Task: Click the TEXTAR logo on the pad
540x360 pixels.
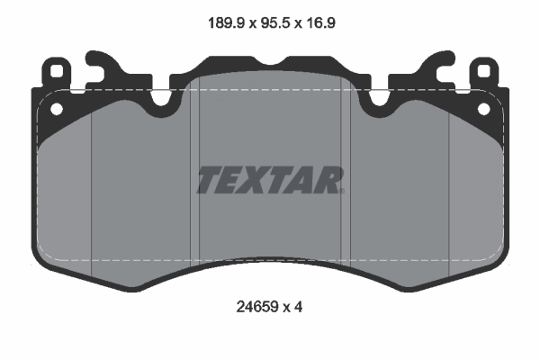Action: pyautogui.click(x=270, y=180)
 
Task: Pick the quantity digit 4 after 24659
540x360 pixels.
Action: pyautogui.click(x=296, y=306)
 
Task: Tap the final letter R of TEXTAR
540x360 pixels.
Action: pyautogui.click(x=330, y=180)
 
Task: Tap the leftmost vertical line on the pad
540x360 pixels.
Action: pyautogui.click(x=94, y=189)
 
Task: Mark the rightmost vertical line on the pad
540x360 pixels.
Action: pyautogui.click(x=448, y=189)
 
